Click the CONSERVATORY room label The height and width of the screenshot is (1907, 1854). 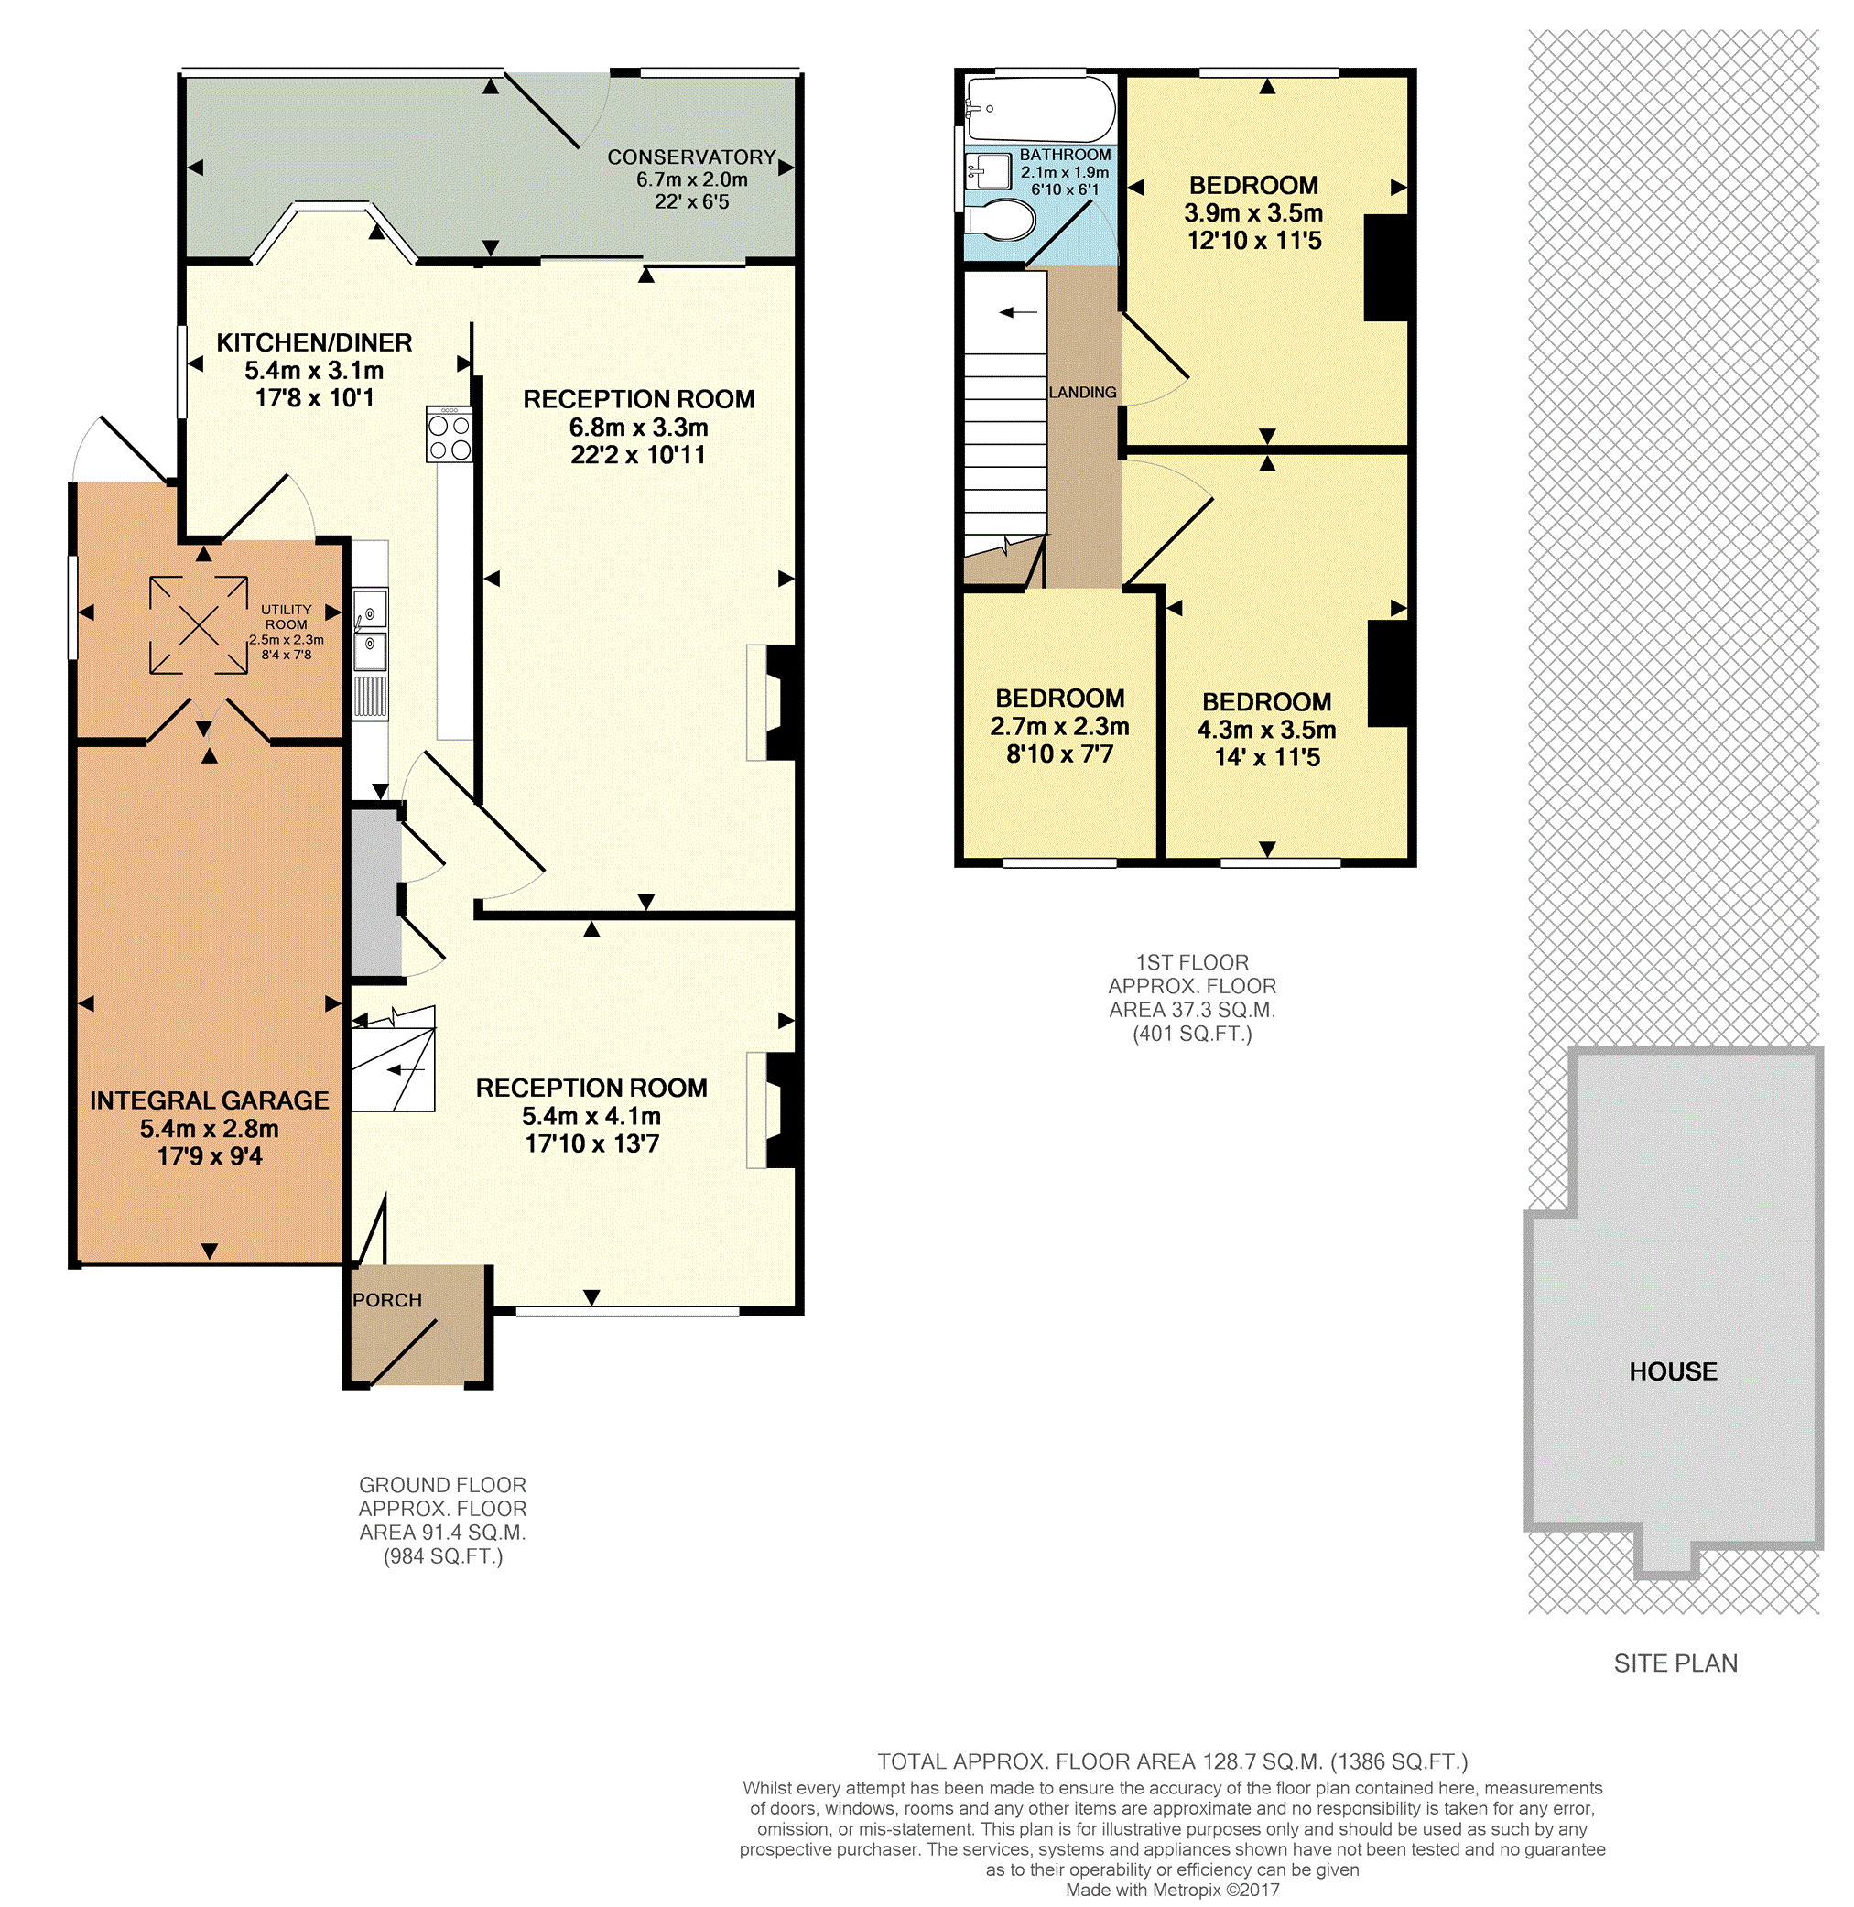click(x=691, y=157)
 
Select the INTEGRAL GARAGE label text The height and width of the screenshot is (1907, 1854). click(x=210, y=1100)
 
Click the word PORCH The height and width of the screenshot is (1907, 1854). click(x=386, y=1300)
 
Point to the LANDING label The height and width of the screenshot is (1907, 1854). click(x=1082, y=393)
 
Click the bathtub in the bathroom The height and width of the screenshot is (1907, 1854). click(x=1040, y=109)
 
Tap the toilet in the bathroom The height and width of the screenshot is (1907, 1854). click(x=999, y=220)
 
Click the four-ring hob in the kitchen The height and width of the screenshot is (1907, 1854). click(x=449, y=434)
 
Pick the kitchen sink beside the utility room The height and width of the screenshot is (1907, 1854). click(x=370, y=629)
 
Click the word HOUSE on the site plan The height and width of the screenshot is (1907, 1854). click(x=1673, y=1371)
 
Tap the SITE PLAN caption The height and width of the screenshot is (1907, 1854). click(x=1675, y=1663)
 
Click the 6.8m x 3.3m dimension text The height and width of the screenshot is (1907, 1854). click(x=639, y=428)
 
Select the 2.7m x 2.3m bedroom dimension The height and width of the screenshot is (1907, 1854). click(x=1059, y=726)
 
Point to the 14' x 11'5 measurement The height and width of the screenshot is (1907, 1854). click(x=1267, y=757)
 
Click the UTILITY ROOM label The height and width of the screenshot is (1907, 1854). click(x=287, y=617)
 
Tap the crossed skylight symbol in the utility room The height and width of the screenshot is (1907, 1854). click(x=199, y=625)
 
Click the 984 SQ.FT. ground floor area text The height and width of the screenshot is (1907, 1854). click(x=443, y=1556)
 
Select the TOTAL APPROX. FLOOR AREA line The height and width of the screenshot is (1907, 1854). click(x=1173, y=1761)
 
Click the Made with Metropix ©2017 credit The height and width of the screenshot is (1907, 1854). click(x=1173, y=1891)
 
